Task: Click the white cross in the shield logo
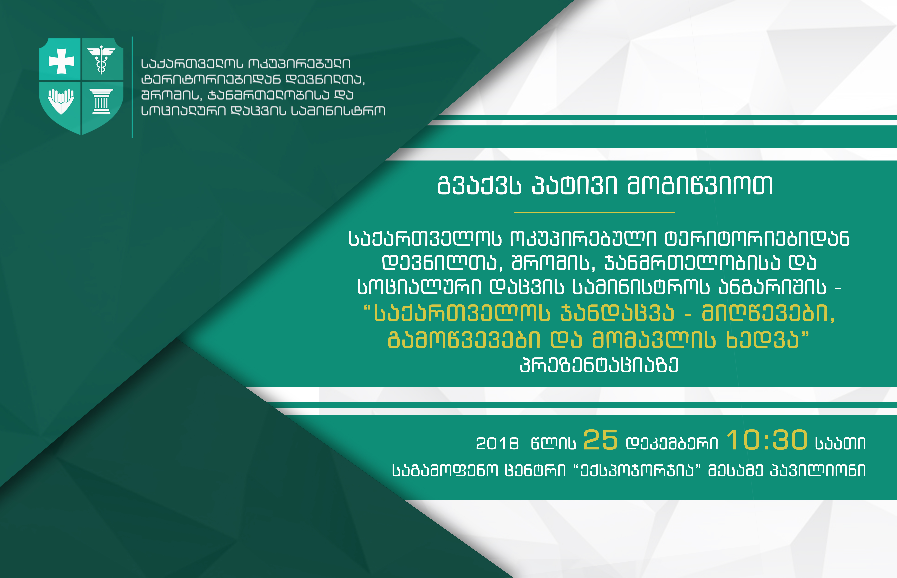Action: coord(62,61)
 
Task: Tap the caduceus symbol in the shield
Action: coord(101,59)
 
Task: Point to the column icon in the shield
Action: coord(101,101)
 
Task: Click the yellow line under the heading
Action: coord(595,212)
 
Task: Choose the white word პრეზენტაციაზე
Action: coord(599,365)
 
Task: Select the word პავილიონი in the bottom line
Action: coord(818,471)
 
